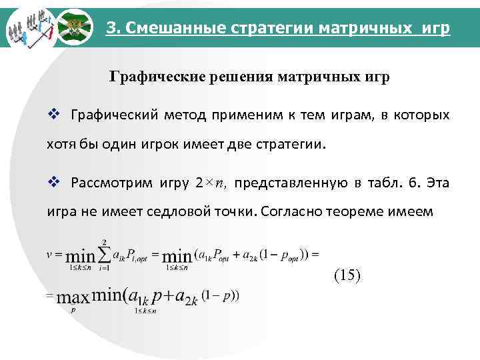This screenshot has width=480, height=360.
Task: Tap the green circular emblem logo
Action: [73, 27]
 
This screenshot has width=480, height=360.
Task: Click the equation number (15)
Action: [346, 275]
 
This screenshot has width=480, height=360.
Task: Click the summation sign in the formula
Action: [105, 254]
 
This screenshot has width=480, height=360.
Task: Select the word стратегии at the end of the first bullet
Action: [295, 143]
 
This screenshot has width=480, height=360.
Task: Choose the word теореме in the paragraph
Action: [359, 213]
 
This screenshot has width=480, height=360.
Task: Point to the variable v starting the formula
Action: [50, 254]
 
